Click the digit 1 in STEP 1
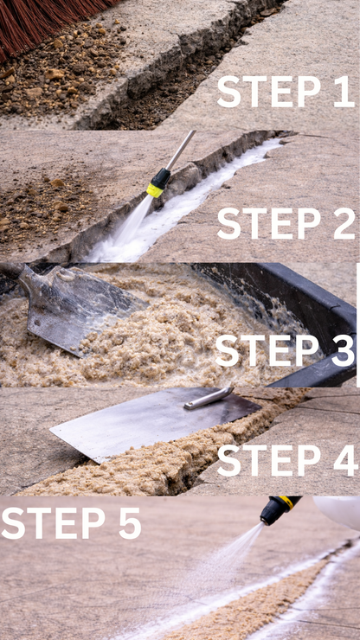click(x=344, y=92)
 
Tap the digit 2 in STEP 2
click(x=344, y=223)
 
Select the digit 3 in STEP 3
click(x=343, y=350)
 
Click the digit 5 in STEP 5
click(x=130, y=523)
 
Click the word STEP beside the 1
click(x=270, y=92)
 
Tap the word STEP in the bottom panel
click(x=53, y=523)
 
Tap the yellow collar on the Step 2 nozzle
click(x=155, y=189)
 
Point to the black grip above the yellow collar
click(x=161, y=177)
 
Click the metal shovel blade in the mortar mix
click(x=78, y=310)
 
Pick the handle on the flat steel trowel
click(x=209, y=399)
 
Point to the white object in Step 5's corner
click(x=337, y=512)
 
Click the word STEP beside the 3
click(x=267, y=350)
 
